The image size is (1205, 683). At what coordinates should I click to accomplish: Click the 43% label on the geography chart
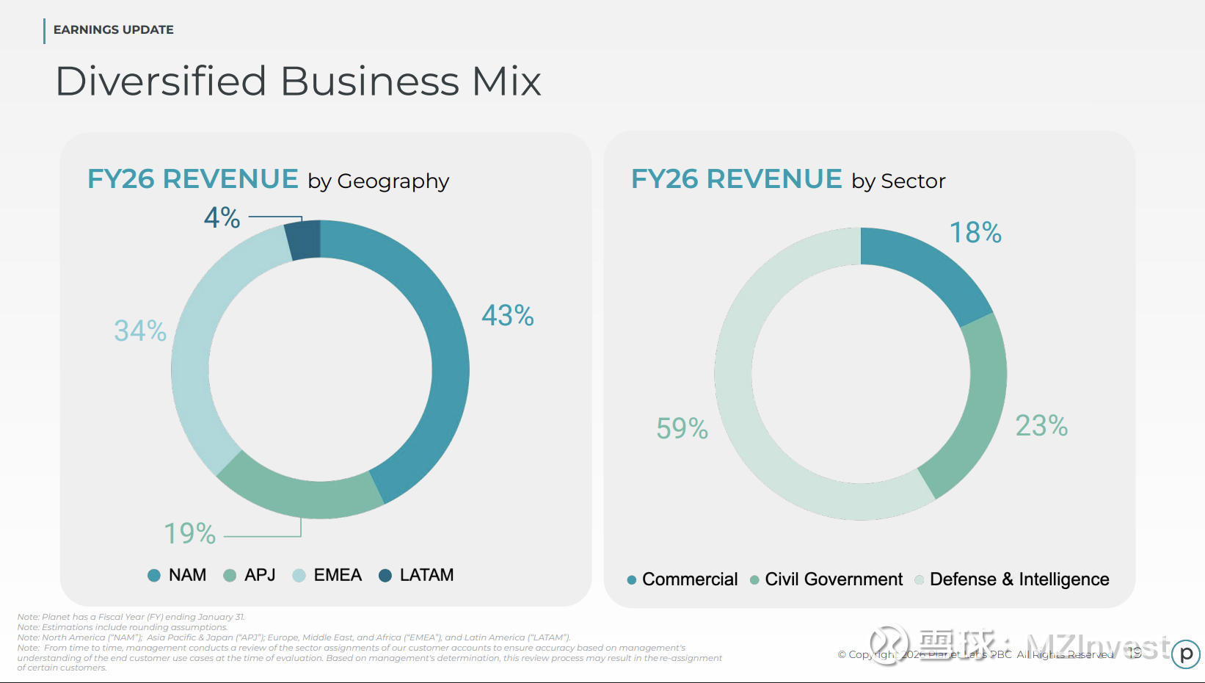[x=507, y=316]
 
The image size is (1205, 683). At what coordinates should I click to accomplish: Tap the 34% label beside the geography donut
[x=140, y=330]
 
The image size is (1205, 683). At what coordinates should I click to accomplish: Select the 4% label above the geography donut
[x=222, y=217]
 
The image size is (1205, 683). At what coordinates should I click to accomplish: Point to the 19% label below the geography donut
[x=189, y=533]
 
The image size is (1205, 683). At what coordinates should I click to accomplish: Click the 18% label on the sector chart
[x=975, y=233]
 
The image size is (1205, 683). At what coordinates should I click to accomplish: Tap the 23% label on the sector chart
[x=1041, y=426]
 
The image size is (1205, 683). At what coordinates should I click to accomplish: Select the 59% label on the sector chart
[x=682, y=428]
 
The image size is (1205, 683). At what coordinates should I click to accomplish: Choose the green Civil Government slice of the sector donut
[x=972, y=411]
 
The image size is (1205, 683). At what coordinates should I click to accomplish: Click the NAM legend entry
[x=178, y=575]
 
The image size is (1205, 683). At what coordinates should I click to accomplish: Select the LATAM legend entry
[x=416, y=575]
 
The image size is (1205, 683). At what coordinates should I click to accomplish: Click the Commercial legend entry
[x=682, y=579]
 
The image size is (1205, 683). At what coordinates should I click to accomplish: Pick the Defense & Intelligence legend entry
[x=1013, y=579]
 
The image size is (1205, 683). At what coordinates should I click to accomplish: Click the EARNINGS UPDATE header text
[x=114, y=30]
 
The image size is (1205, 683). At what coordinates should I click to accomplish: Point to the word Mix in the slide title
[x=506, y=81]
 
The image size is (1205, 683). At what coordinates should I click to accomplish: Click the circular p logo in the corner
[x=1185, y=654]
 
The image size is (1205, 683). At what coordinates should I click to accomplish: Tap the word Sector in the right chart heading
[x=913, y=181]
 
